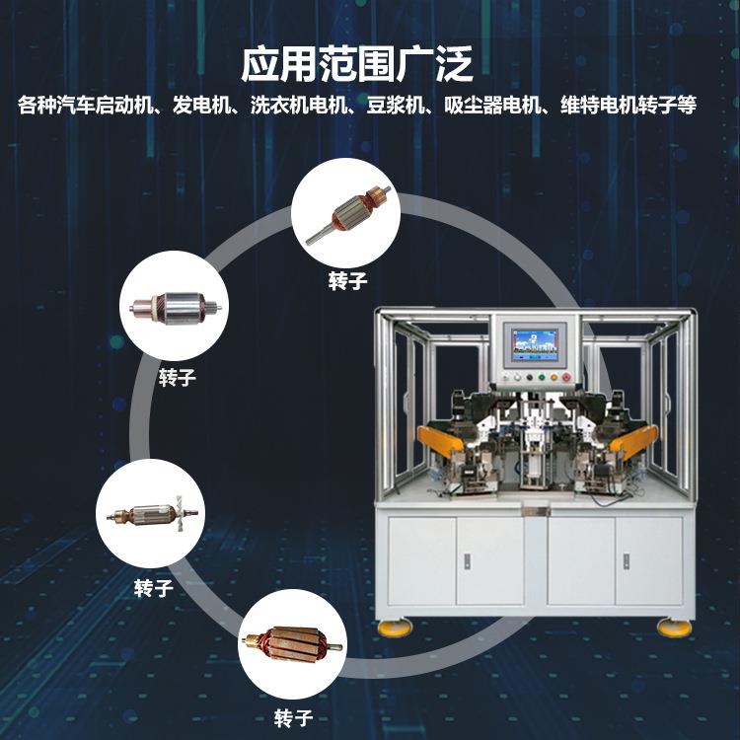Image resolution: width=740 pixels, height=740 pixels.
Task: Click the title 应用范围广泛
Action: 357,64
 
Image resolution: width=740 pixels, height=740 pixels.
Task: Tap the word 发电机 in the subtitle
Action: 199,106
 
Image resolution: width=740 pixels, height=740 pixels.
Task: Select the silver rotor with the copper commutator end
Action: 175,310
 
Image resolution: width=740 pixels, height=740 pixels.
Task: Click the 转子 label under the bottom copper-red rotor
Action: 293,717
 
